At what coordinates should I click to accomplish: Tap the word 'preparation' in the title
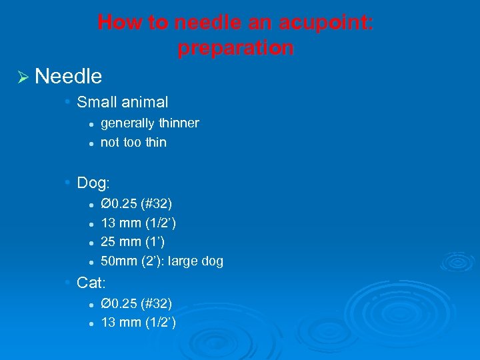pyautogui.click(x=235, y=48)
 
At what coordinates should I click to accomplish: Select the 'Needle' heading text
pyautogui.click(x=68, y=77)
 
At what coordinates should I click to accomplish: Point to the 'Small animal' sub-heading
pyautogui.click(x=122, y=102)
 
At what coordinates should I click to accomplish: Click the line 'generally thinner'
pyautogui.click(x=149, y=123)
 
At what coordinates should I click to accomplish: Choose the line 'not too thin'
pyautogui.click(x=133, y=142)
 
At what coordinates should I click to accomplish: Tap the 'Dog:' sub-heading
pyautogui.click(x=93, y=182)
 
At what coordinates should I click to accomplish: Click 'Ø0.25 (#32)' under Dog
pyautogui.click(x=136, y=203)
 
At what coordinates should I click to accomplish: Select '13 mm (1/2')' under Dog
pyautogui.click(x=138, y=223)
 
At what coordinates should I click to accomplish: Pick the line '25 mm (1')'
pyautogui.click(x=132, y=241)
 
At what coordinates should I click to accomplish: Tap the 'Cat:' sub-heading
pyautogui.click(x=92, y=283)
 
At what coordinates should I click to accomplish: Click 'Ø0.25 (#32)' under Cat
pyautogui.click(x=136, y=304)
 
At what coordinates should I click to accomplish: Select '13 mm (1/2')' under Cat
pyautogui.click(x=138, y=323)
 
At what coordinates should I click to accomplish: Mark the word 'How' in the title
pyautogui.click(x=118, y=23)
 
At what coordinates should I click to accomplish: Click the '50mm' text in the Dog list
pyautogui.click(x=117, y=261)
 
